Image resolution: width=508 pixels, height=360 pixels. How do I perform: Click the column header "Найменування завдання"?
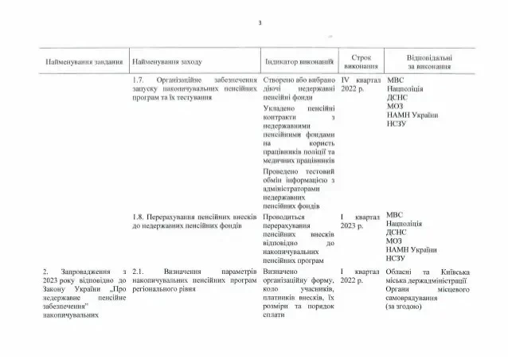pyautogui.click(x=84, y=61)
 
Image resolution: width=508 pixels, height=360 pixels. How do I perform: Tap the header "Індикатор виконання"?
pyautogui.click(x=299, y=61)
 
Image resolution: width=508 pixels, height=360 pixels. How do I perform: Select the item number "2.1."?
pyautogui.click(x=138, y=272)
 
